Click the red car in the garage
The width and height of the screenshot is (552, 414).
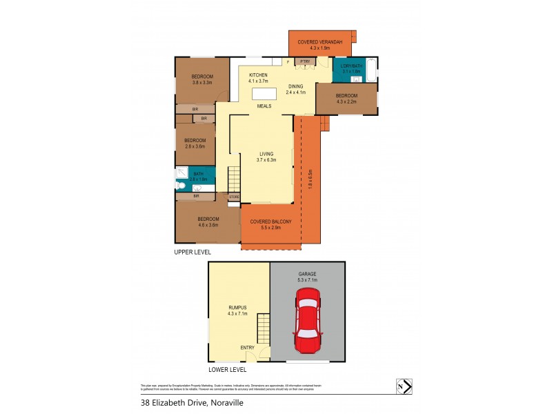[x=307, y=319]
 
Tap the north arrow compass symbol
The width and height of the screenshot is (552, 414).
[x=404, y=386]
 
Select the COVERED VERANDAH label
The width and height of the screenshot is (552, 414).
[x=319, y=42]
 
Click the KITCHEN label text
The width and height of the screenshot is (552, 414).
[x=258, y=75]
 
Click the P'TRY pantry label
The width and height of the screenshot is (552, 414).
[x=304, y=62]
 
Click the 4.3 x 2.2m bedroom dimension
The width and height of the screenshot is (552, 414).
[x=346, y=102]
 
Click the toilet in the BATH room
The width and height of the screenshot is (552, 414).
[x=181, y=185]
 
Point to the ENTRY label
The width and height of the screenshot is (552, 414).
[x=247, y=348]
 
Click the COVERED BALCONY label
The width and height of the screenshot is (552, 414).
[x=270, y=221]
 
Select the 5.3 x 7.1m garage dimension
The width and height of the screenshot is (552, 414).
[x=308, y=280]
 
